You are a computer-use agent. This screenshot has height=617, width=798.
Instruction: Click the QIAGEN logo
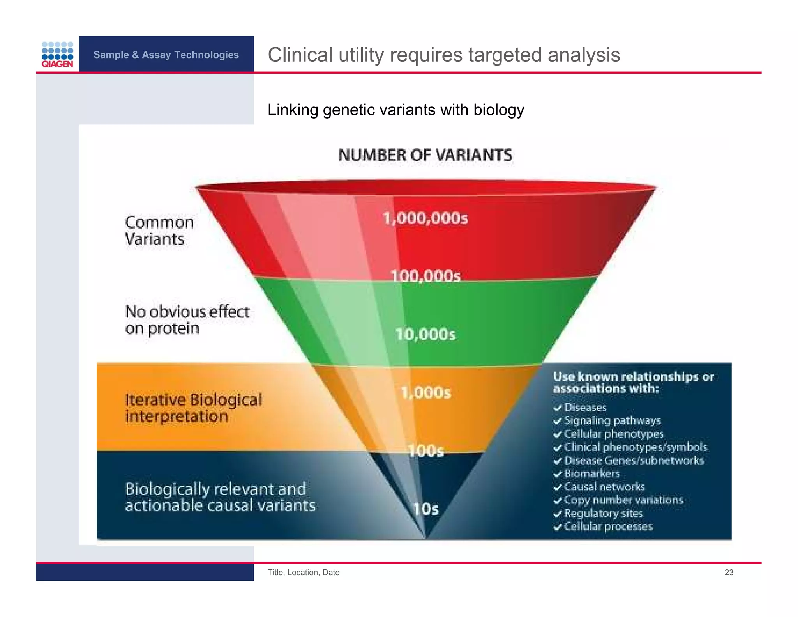pyautogui.click(x=57, y=55)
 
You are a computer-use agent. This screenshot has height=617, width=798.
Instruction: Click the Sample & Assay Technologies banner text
pyautogui.click(x=166, y=55)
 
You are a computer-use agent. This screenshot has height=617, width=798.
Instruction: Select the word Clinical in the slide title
pyautogui.click(x=300, y=55)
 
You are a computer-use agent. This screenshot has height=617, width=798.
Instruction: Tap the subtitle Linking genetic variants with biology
pyautogui.click(x=395, y=110)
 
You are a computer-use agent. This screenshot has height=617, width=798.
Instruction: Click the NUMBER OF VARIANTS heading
pyautogui.click(x=425, y=155)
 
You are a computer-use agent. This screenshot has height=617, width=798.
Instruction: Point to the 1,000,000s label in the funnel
pyautogui.click(x=425, y=218)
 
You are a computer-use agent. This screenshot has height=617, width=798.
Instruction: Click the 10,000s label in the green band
pyautogui.click(x=425, y=334)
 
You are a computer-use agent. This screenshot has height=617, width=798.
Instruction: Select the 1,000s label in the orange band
pyautogui.click(x=425, y=392)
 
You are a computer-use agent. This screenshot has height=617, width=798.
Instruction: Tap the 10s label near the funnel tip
pyautogui.click(x=425, y=509)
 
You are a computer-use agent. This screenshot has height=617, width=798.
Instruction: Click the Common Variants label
pyautogui.click(x=159, y=230)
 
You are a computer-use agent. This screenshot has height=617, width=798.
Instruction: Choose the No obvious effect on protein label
pyautogui.click(x=187, y=320)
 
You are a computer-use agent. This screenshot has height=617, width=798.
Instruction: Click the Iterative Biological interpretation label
pyautogui.click(x=193, y=408)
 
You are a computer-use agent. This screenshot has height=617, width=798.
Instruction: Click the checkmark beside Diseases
pyautogui.click(x=558, y=408)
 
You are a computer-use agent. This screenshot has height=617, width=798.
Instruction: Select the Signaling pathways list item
pyautogui.click(x=612, y=421)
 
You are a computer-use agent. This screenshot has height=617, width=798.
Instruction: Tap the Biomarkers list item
pyautogui.click(x=591, y=473)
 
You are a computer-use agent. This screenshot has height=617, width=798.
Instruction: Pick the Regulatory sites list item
pyautogui.click(x=603, y=513)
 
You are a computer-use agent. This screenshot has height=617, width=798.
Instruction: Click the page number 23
pyautogui.click(x=729, y=572)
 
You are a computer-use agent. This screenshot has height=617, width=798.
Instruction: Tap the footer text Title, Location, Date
pyautogui.click(x=303, y=572)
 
